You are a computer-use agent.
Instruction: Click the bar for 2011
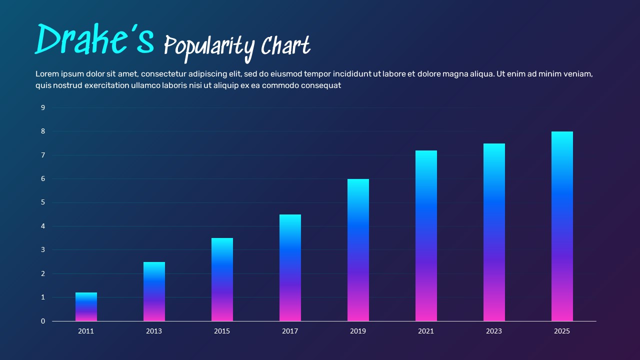click(86, 307)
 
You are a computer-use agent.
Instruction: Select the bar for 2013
click(154, 291)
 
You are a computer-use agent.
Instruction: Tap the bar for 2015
click(222, 279)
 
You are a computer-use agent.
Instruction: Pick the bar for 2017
click(290, 268)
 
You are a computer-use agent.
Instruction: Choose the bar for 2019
click(358, 250)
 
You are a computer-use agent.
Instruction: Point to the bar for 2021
click(426, 236)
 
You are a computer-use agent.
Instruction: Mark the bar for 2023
click(494, 232)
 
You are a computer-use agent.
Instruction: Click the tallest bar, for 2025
click(562, 226)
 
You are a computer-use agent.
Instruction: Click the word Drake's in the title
click(94, 39)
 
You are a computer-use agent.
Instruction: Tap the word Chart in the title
click(285, 46)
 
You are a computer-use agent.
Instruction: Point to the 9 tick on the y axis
click(43, 107)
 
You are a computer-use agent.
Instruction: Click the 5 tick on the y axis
click(43, 202)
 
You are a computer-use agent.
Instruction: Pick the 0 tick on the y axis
click(43, 321)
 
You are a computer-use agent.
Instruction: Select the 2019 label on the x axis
click(358, 331)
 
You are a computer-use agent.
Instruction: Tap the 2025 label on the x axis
click(562, 331)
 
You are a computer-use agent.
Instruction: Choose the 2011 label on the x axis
click(86, 331)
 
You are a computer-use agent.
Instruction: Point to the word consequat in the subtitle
click(321, 85)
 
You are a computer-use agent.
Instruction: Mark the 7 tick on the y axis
click(43, 155)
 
